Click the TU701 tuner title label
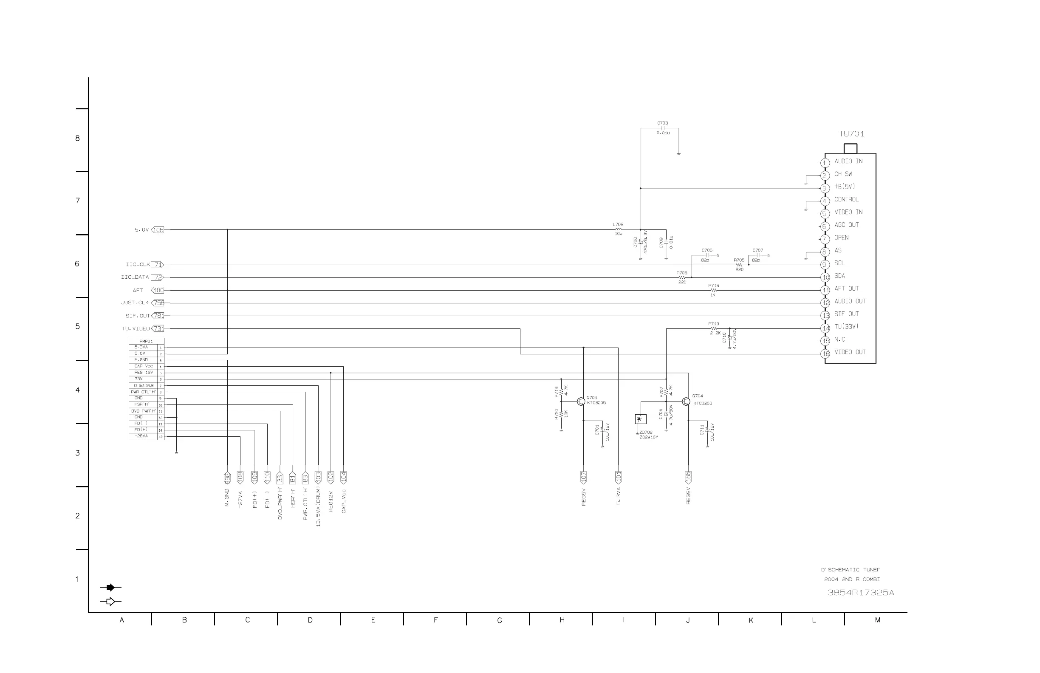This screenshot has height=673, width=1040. click(851, 134)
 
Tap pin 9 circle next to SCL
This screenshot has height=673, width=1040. click(825, 265)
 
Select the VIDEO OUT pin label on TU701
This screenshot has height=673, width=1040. click(850, 352)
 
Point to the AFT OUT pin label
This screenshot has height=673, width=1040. click(846, 288)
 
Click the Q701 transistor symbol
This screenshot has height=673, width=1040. click(581, 402)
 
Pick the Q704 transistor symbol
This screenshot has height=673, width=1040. click(686, 402)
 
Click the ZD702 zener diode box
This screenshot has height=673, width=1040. click(640, 419)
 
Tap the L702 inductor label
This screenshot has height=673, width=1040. click(618, 225)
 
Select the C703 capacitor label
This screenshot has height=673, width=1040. click(662, 123)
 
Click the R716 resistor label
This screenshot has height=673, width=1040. click(713, 286)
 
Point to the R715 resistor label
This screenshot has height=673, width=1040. click(713, 324)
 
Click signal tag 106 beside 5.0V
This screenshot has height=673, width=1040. click(158, 230)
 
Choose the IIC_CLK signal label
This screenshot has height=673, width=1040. click(138, 265)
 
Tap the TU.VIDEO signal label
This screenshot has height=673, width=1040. click(136, 328)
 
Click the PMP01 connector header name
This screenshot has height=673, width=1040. click(146, 341)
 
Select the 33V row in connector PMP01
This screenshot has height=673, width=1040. click(139, 379)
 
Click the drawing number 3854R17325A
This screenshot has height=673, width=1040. click(860, 593)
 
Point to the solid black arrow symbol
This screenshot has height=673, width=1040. click(110, 588)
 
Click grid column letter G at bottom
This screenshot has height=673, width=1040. click(499, 620)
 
